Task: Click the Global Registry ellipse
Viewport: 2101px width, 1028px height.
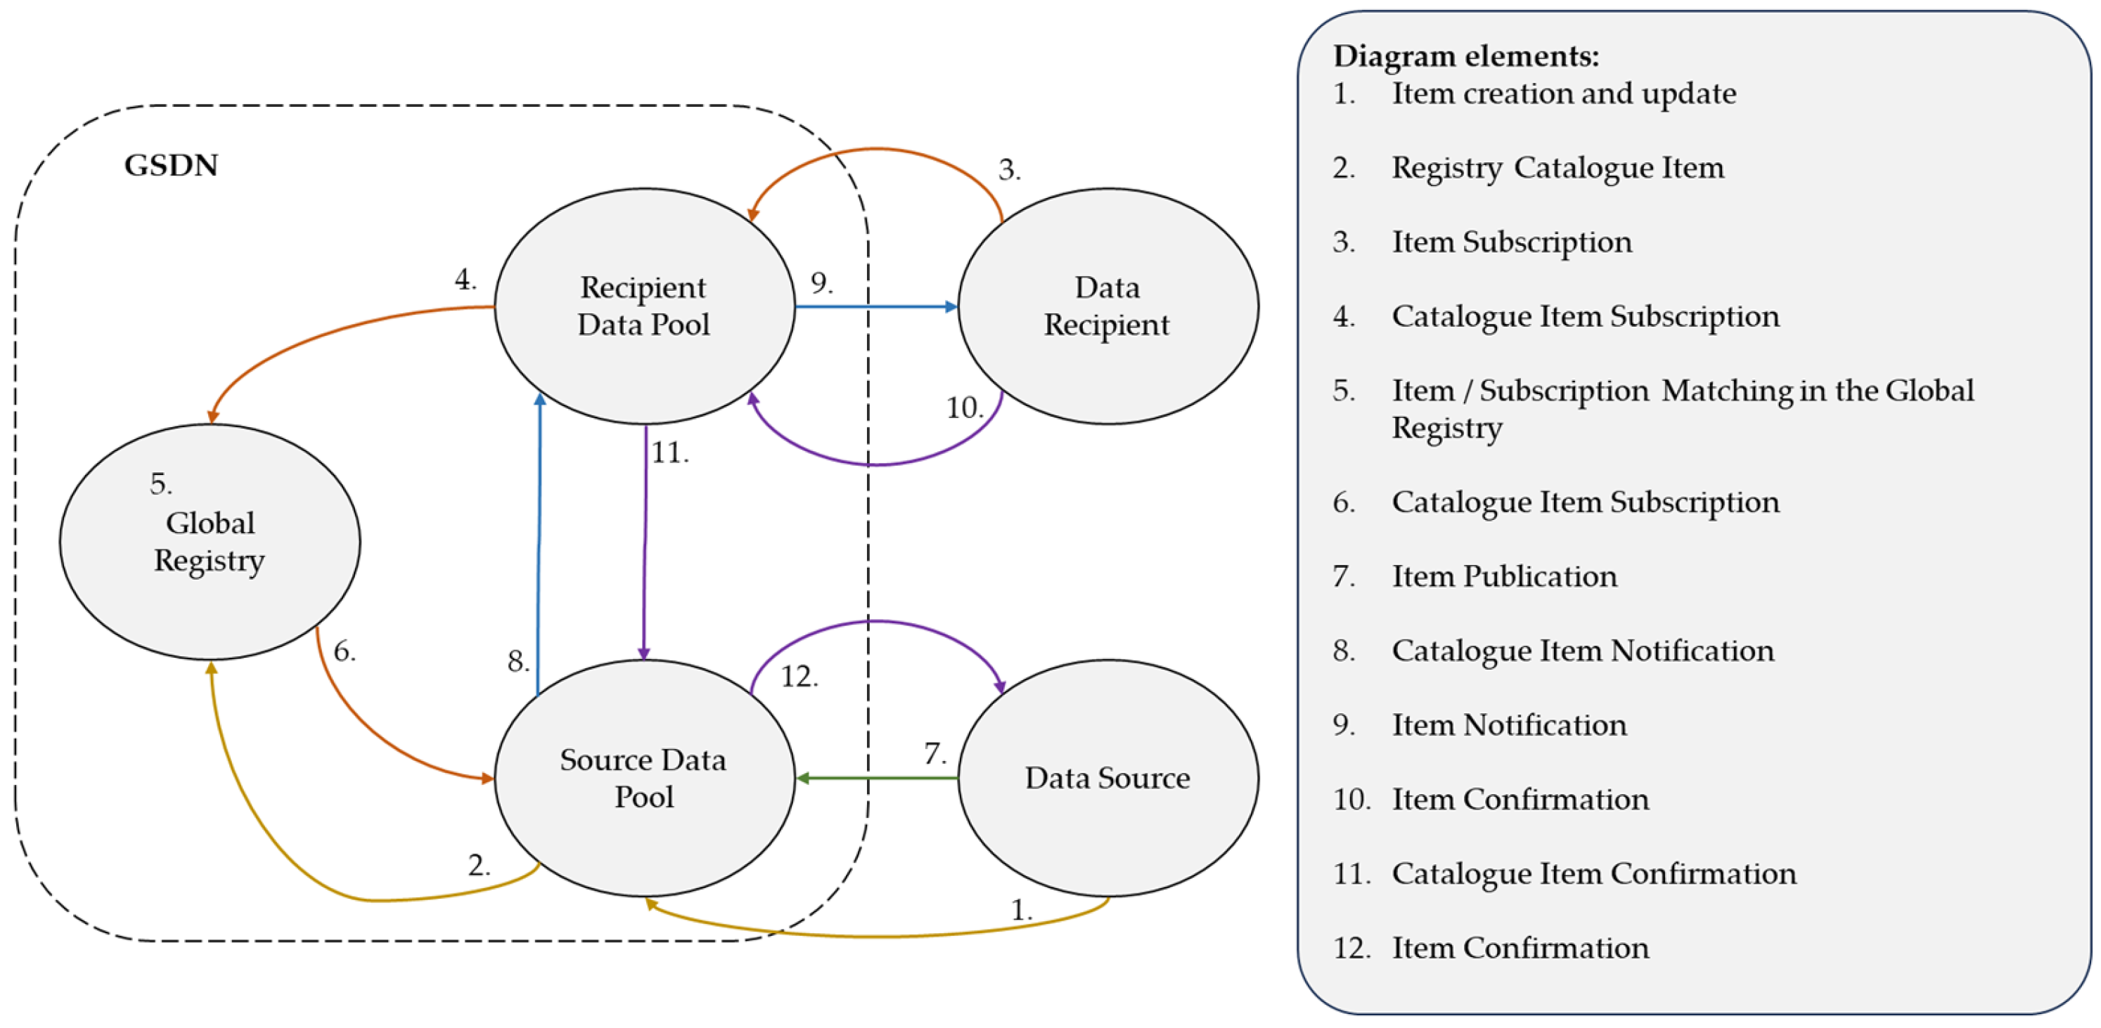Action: [210, 542]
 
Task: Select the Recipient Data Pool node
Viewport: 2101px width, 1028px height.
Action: [643, 306]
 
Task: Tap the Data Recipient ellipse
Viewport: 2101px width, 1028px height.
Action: [1107, 306]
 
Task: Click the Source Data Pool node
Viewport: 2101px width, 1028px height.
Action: [643, 778]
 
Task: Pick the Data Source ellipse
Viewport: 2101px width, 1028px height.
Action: [1107, 778]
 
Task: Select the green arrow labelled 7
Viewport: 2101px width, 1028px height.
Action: [877, 778]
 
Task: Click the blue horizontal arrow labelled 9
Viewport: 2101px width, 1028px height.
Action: [877, 306]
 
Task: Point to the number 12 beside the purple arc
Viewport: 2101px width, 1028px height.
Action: [799, 677]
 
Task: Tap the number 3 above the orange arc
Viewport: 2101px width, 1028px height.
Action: [1008, 169]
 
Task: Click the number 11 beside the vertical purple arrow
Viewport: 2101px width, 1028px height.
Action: [669, 453]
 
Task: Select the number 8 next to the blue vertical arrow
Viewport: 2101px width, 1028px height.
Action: [517, 661]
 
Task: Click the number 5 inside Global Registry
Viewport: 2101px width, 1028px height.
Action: [160, 484]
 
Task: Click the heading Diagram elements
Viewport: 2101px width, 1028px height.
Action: [1465, 56]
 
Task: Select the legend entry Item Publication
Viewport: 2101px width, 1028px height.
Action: [1503, 576]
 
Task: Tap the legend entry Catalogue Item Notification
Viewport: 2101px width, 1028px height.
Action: [1582, 651]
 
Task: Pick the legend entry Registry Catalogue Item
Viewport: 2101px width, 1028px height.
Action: [1557, 168]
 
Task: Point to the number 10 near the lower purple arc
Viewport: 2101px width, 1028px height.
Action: [963, 408]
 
